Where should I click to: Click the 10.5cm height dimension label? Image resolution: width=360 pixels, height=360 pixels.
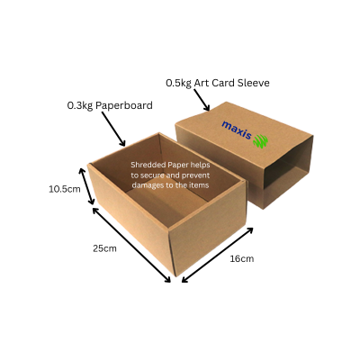(x=65, y=189)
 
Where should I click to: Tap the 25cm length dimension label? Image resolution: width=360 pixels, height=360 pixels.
(x=104, y=248)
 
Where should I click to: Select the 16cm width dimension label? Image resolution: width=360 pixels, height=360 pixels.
(x=242, y=258)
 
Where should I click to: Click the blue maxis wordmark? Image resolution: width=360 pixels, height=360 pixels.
(x=237, y=130)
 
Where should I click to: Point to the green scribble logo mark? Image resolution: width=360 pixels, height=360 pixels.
(x=260, y=141)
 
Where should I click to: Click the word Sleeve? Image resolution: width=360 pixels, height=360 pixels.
(x=254, y=83)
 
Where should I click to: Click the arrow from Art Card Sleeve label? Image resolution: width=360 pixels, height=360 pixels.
(x=202, y=100)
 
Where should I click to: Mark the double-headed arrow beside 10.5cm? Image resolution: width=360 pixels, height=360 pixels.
(x=86, y=186)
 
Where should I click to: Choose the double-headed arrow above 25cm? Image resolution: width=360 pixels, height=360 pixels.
(x=131, y=245)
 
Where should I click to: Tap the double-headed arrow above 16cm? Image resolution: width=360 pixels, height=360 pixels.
(x=218, y=255)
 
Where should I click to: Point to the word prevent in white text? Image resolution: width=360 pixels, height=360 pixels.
(x=195, y=175)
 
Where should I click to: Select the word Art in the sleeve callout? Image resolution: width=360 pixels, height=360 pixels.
(x=202, y=83)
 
